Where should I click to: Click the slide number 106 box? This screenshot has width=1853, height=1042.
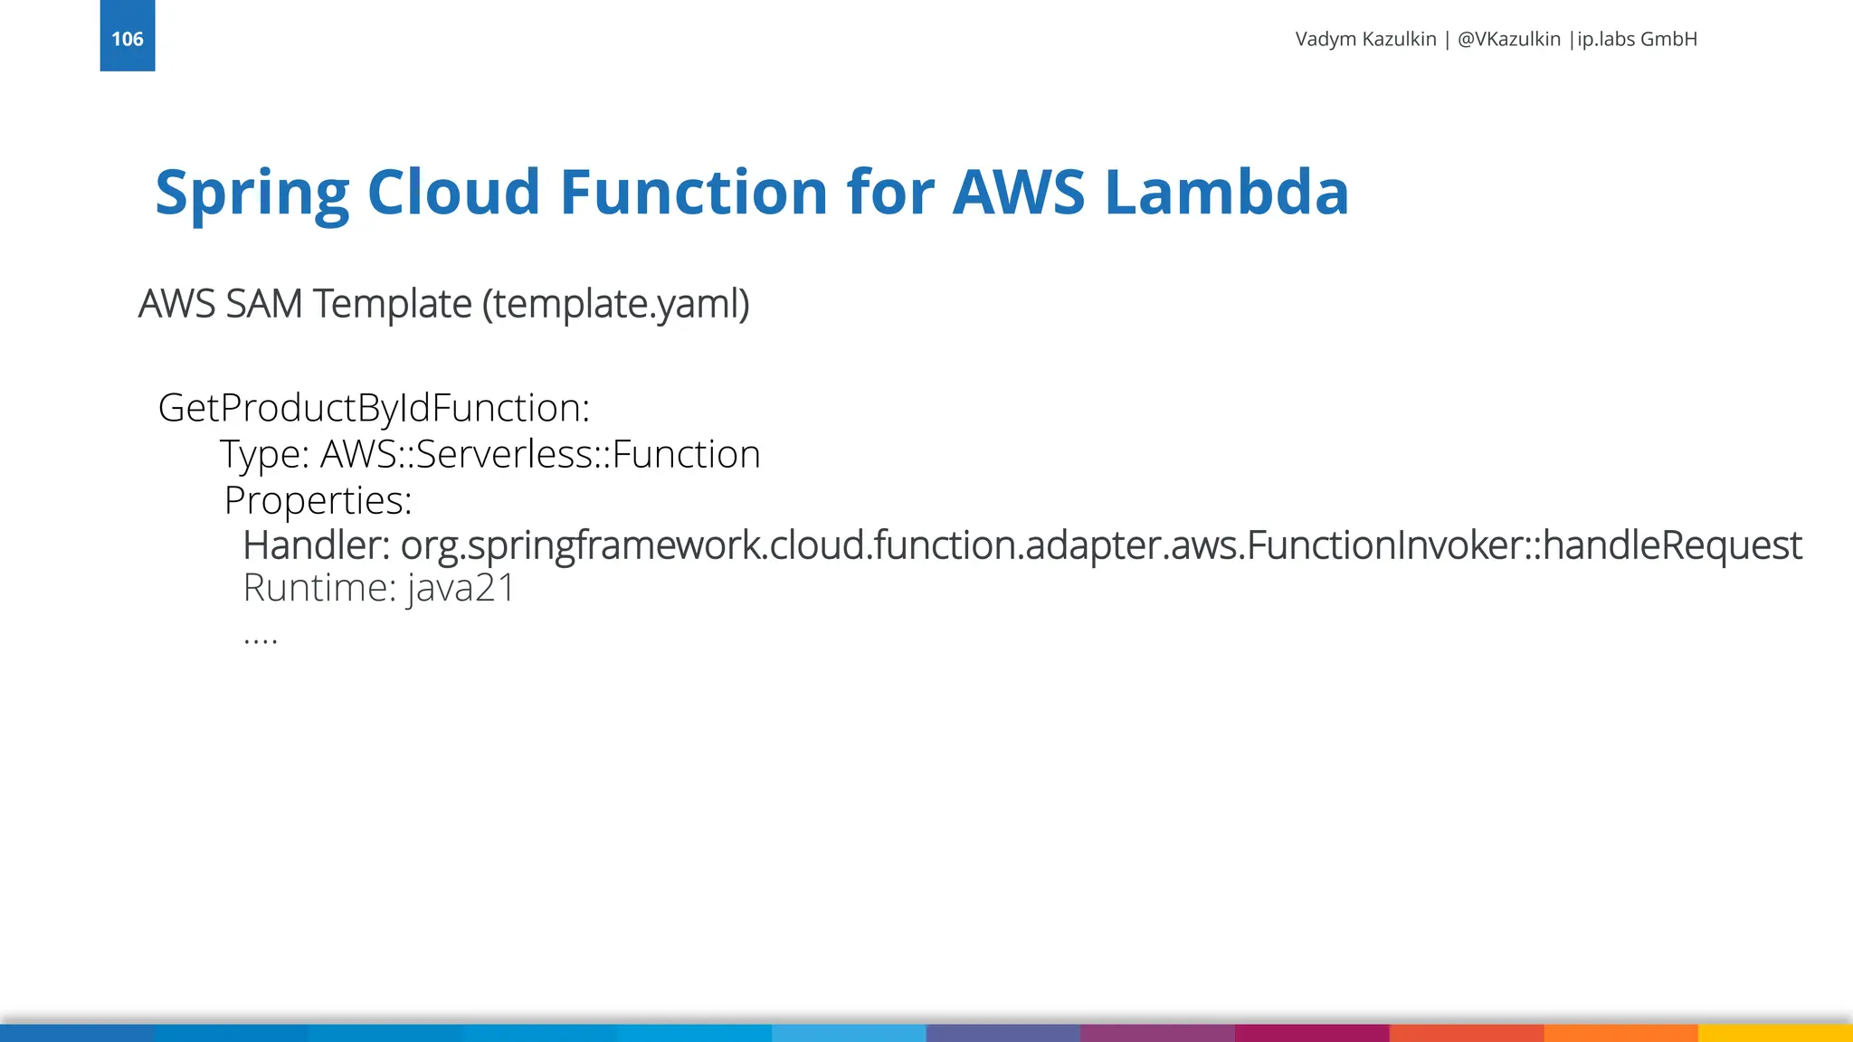point(127,36)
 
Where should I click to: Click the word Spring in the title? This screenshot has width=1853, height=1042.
point(252,193)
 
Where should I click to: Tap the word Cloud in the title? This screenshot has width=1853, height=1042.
point(453,193)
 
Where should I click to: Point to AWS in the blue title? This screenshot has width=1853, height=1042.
point(1018,193)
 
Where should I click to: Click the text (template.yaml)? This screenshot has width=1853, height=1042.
point(615,304)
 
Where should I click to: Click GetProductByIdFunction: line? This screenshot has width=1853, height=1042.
point(374,408)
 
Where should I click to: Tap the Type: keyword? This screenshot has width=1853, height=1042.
point(265,454)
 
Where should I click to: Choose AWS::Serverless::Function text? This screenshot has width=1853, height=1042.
point(540,454)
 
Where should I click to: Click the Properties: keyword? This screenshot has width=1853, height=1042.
point(318,500)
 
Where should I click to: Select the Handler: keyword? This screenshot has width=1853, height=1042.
point(316,545)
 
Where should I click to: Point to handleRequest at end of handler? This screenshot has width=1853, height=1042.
point(1672,545)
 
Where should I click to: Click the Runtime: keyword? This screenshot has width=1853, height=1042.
point(319,588)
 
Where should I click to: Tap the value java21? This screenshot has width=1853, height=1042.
point(461,588)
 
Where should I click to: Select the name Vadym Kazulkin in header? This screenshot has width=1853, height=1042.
point(1365,39)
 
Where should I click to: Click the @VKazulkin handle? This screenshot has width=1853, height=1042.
point(1508,39)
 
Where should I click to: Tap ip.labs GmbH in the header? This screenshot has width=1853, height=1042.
point(1637,39)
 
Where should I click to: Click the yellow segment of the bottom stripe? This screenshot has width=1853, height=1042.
point(1775,1033)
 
